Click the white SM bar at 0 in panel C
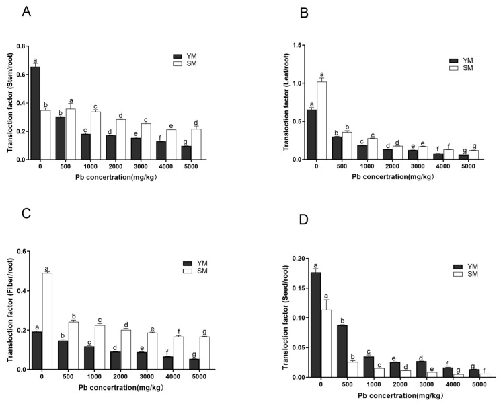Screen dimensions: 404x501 (47, 321)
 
